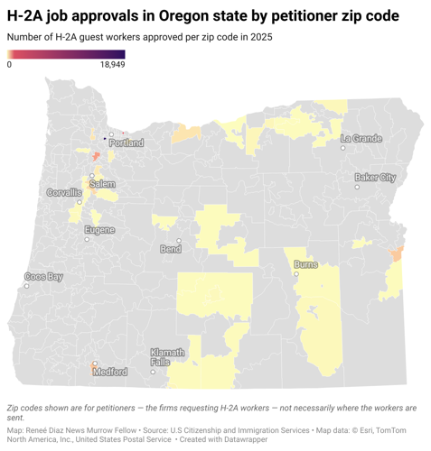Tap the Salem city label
102,183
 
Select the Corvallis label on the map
64,193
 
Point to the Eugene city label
99,230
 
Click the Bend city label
169,249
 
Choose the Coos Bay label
43,276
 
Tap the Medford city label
110,372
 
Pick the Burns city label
305,266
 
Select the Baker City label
375,177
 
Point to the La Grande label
361,138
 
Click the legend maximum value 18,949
112,65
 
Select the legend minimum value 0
9,65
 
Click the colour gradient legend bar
65,54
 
